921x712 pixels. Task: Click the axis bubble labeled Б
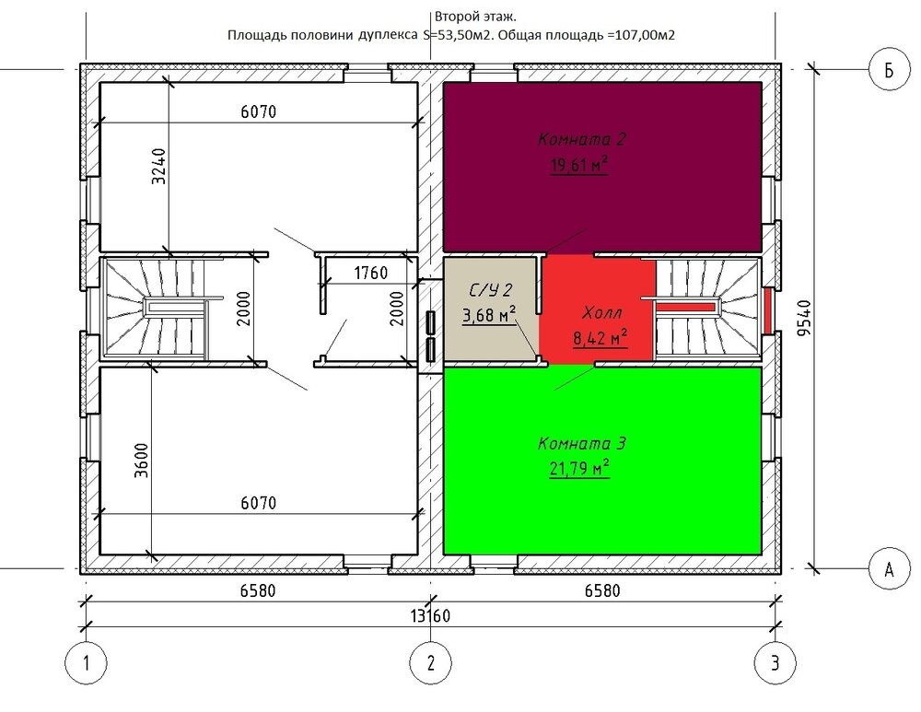pyautogui.click(x=890, y=69)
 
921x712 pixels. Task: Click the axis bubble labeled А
pyautogui.click(x=890, y=568)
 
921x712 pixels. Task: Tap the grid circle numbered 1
pyautogui.click(x=87, y=662)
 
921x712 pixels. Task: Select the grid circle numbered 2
pyautogui.click(x=431, y=662)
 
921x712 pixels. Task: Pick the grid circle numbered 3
pyautogui.click(x=775, y=662)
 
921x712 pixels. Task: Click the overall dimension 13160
pyautogui.click(x=430, y=615)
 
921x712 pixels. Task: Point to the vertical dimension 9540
pyautogui.click(x=805, y=318)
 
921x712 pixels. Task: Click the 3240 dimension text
pyautogui.click(x=159, y=166)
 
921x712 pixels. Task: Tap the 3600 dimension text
pyautogui.click(x=142, y=460)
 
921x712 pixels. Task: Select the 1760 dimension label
pyautogui.click(x=370, y=273)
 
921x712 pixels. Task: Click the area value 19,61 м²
pyautogui.click(x=578, y=165)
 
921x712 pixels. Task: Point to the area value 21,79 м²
pyautogui.click(x=579, y=468)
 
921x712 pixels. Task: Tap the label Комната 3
pyautogui.click(x=581, y=443)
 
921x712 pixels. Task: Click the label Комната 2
pyautogui.click(x=581, y=139)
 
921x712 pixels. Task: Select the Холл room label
pyautogui.click(x=601, y=312)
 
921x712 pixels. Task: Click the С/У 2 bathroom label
pyautogui.click(x=491, y=289)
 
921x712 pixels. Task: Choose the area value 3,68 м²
pyautogui.click(x=489, y=315)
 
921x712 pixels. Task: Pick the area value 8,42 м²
pyautogui.click(x=600, y=338)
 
